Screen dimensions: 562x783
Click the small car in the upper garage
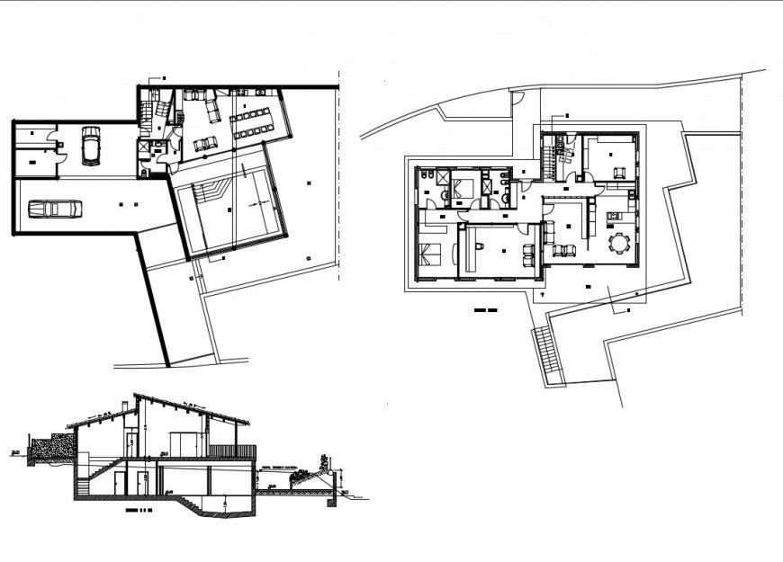tap(90, 146)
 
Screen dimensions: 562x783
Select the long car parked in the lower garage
tap(55, 210)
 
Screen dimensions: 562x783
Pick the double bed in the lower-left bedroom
tap(429, 257)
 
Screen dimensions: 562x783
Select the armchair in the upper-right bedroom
tap(618, 171)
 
